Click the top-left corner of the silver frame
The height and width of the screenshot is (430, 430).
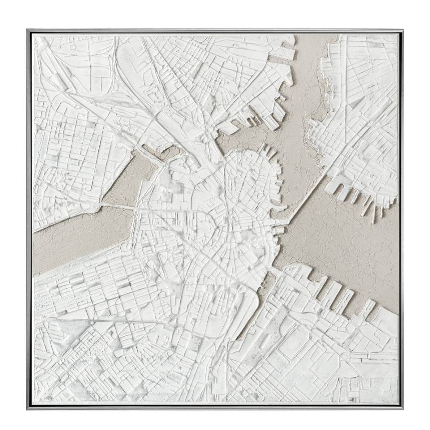(x=28, y=30)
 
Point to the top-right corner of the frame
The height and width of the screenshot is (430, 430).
(x=402, y=30)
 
